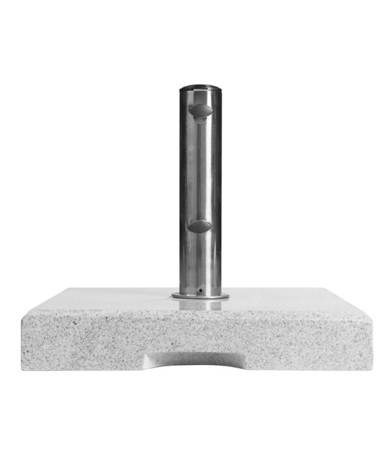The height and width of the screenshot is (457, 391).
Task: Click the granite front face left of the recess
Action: pyautogui.click(x=85, y=339)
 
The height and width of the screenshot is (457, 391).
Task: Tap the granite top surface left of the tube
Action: pyautogui.click(x=111, y=299)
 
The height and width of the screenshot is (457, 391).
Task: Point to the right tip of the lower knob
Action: pyautogui.click(x=211, y=226)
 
